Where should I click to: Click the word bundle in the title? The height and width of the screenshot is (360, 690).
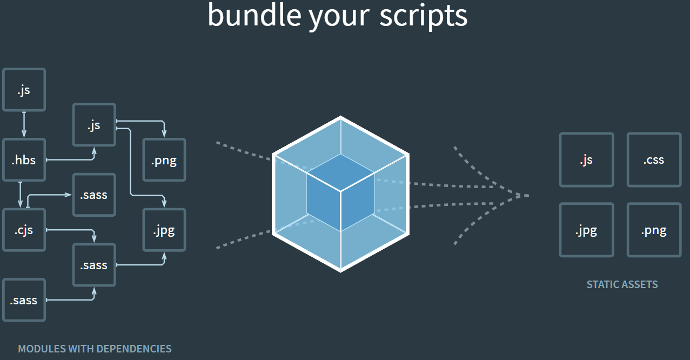(x=253, y=16)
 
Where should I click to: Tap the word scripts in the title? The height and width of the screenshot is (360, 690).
(x=423, y=16)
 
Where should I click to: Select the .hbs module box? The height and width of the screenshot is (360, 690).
(x=24, y=160)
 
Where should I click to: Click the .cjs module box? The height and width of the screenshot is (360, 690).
(x=24, y=230)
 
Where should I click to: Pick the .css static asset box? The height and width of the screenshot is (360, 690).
(x=654, y=160)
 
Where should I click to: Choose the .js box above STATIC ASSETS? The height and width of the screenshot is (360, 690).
(x=586, y=160)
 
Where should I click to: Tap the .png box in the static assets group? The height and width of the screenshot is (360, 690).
(x=654, y=230)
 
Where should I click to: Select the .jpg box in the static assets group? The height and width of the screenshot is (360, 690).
(x=586, y=230)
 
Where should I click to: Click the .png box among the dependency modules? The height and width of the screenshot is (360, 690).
(x=164, y=160)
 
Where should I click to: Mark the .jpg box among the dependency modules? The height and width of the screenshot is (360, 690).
(x=164, y=230)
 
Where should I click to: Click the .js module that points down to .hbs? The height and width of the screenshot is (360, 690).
(x=24, y=90)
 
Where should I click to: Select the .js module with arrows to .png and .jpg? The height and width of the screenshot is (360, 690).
(x=94, y=125)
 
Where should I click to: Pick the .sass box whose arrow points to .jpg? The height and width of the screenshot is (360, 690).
(x=94, y=265)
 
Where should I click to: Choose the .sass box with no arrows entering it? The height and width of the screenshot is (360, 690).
(x=24, y=301)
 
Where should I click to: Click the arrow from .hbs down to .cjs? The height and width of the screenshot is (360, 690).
(x=20, y=195)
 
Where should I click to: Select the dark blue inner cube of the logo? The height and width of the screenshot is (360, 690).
(x=340, y=192)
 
